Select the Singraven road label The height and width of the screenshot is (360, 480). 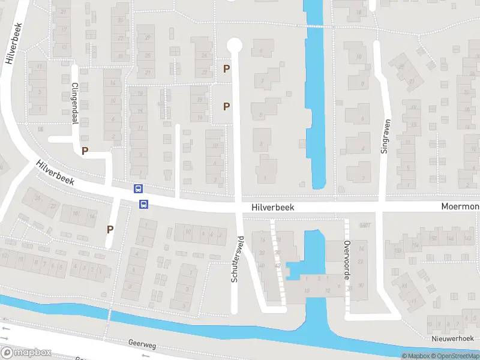(x=386, y=136)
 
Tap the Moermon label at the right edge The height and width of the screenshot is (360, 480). (x=460, y=207)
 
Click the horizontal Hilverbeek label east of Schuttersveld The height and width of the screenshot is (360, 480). (x=273, y=206)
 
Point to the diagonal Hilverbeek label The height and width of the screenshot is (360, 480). (x=55, y=173)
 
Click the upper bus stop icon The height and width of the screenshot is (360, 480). (x=138, y=188)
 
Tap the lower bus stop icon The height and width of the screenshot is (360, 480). (x=144, y=204)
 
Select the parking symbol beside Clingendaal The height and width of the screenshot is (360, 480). (x=85, y=151)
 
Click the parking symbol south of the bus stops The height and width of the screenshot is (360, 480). (x=110, y=229)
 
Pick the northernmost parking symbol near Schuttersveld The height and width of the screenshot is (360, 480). (x=226, y=69)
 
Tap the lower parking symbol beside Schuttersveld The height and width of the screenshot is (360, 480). (x=226, y=107)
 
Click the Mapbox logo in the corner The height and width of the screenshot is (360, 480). (x=26, y=353)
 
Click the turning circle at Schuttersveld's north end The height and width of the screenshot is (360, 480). (x=235, y=45)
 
